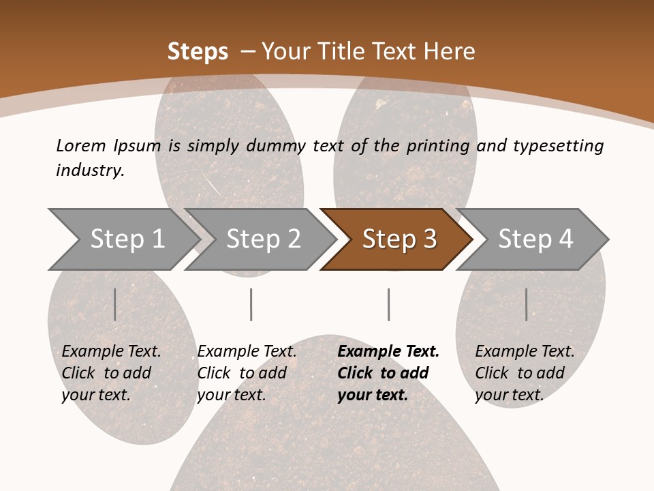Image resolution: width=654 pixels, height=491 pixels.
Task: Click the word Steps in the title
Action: pyautogui.click(x=198, y=52)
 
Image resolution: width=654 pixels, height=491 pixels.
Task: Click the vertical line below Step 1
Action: pyautogui.click(x=115, y=304)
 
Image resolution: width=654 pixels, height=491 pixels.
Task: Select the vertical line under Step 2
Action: pyautogui.click(x=251, y=304)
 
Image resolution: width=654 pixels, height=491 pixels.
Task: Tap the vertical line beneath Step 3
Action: pyautogui.click(x=388, y=304)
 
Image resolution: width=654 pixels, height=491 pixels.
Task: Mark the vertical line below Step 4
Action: pyautogui.click(x=526, y=304)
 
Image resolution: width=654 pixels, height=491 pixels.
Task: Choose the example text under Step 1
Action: pyautogui.click(x=111, y=373)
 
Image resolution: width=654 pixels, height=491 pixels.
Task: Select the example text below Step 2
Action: pyautogui.click(x=247, y=373)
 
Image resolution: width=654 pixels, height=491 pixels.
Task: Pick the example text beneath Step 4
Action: pyautogui.click(x=525, y=373)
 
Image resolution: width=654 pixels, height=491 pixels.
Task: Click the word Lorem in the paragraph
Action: pyautogui.click(x=81, y=146)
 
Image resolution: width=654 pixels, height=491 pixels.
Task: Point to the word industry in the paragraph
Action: pyautogui.click(x=89, y=170)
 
